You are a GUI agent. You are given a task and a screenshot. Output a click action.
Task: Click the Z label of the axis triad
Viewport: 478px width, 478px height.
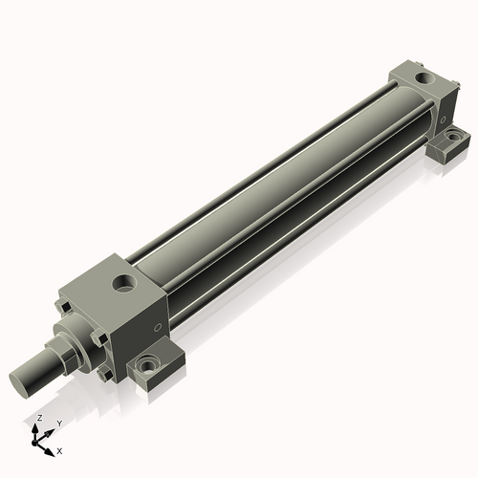pos(38,419)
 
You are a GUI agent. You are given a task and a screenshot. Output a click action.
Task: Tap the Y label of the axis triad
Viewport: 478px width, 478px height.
pos(59,423)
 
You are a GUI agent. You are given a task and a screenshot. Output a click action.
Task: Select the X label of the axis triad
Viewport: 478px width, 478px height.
pos(59,449)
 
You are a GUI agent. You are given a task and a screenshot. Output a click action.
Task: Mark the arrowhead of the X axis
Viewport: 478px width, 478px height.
pos(51,447)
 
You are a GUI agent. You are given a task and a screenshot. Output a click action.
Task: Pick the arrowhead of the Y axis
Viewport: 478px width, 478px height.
pos(51,430)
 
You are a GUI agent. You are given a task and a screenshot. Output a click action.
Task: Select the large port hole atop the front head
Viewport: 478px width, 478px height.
pos(122,283)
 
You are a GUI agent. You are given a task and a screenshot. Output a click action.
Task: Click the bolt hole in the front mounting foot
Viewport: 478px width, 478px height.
pos(147,365)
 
